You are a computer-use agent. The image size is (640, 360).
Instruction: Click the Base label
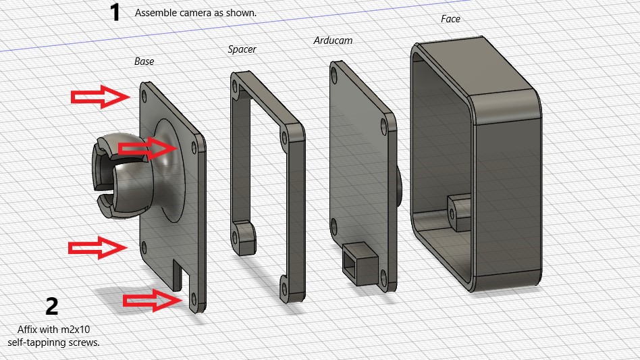pyautogui.click(x=144, y=61)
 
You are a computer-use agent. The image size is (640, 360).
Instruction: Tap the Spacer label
pyautogui.click(x=242, y=49)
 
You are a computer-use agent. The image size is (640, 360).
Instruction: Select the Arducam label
pyautogui.click(x=333, y=41)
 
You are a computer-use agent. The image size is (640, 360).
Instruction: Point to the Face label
pyautogui.click(x=450, y=19)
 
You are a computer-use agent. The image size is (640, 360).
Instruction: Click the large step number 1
pyautogui.click(x=115, y=12)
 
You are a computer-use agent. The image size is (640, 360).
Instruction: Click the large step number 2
pyautogui.click(x=52, y=306)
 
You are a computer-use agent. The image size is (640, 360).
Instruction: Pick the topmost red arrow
pyautogui.click(x=101, y=97)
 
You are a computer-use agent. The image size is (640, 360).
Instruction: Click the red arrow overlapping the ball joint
pyautogui.click(x=148, y=148)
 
